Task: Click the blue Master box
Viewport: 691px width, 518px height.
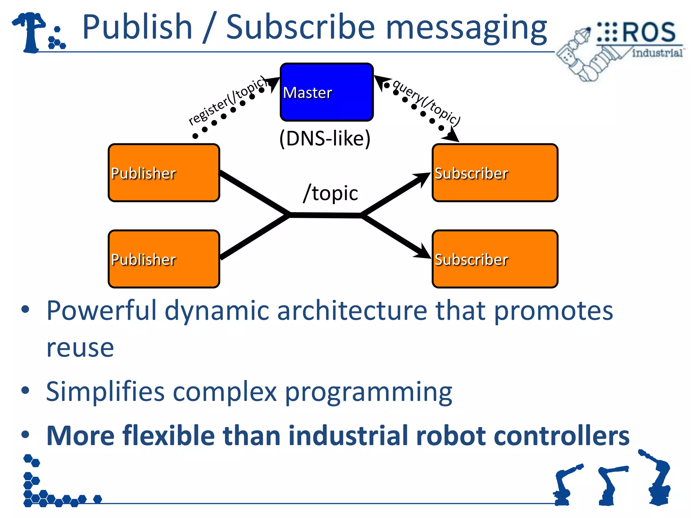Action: (327, 92)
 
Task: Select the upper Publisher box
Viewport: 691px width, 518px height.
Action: (164, 173)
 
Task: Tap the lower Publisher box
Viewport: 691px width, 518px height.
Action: (164, 259)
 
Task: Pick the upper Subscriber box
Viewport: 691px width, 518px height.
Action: (495, 173)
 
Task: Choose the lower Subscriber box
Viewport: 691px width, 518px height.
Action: (495, 259)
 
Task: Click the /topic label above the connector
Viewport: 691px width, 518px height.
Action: (330, 193)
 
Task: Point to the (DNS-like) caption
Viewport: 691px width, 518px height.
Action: (325, 138)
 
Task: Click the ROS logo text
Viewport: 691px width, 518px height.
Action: (648, 32)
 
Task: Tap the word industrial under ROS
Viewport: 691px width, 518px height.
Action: (657, 53)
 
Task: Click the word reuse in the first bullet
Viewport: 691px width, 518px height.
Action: (80, 348)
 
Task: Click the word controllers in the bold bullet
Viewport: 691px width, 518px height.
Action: (561, 436)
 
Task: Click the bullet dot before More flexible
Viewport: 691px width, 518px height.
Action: (25, 434)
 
